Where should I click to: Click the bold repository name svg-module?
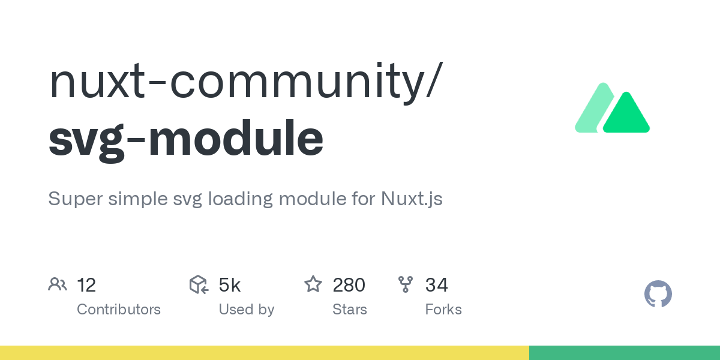(186, 139)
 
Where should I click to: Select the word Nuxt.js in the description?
(412, 199)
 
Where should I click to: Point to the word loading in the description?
(241, 199)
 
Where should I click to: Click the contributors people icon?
(58, 284)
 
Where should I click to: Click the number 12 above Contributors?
(86, 285)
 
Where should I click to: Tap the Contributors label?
(119, 310)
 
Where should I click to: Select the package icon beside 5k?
(199, 284)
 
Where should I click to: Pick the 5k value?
(230, 285)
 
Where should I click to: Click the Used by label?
(247, 310)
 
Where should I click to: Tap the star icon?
(313, 284)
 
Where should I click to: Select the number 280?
(349, 285)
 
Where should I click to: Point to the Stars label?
(350, 310)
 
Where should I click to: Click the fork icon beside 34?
(406, 284)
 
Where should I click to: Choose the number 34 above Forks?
(437, 285)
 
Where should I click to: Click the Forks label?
(443, 310)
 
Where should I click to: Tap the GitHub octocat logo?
(658, 295)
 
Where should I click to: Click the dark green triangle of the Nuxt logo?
(626, 116)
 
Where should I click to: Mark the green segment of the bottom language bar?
(624, 353)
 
